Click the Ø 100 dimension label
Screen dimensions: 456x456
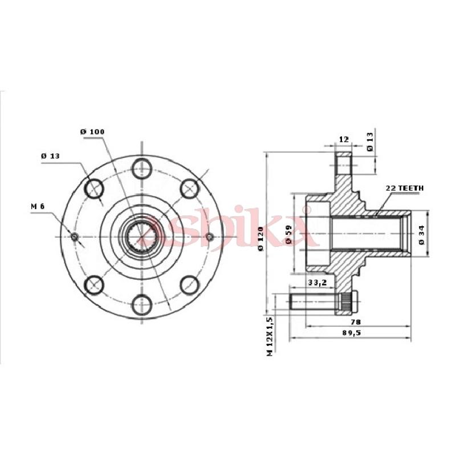point(92,132)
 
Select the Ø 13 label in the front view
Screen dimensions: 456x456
point(51,156)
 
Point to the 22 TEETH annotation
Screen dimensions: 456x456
point(405,188)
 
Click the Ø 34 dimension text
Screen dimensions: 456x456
point(421,234)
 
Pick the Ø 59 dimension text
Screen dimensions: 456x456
point(289,235)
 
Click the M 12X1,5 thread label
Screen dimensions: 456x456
point(269,336)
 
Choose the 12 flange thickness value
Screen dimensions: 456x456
point(343,139)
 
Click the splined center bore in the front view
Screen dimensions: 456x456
point(141,236)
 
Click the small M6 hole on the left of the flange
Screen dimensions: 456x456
point(74,236)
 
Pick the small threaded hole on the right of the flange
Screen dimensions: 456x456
point(209,236)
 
